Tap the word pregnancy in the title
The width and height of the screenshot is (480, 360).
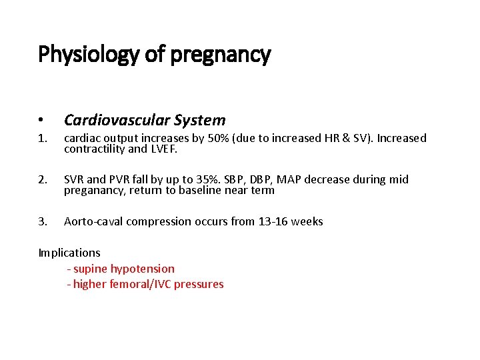tap(221, 55)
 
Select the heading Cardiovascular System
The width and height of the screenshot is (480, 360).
tap(145, 120)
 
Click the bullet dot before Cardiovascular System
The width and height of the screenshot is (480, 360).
tap(41, 121)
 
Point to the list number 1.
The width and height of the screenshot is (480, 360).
tap(43, 139)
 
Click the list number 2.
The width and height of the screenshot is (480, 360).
tap(43, 180)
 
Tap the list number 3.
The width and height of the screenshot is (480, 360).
tap(43, 221)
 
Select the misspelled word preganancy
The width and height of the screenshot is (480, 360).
tap(94, 190)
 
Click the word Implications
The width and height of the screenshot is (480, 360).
tap(69, 253)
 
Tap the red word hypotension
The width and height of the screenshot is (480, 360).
tap(143, 269)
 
